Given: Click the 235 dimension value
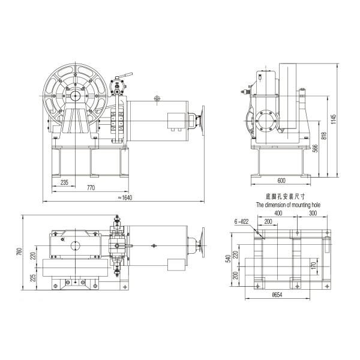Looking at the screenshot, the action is [64, 182].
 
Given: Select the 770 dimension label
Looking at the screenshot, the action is [91, 188].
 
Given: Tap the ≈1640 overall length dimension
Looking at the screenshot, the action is [125, 197].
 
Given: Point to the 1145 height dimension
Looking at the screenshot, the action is [334, 119].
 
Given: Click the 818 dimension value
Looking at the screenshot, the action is [324, 136].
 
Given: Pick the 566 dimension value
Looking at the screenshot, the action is [316, 148].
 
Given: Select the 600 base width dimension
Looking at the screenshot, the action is [281, 181].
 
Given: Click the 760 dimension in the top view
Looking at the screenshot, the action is [20, 251].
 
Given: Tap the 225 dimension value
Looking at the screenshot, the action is [33, 278].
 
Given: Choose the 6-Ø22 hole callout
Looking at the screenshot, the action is [242, 221].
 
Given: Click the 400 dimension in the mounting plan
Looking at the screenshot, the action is [278, 213].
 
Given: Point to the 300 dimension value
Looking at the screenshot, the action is [313, 213].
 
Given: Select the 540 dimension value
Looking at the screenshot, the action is [228, 259].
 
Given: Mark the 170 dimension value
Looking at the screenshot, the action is [314, 266].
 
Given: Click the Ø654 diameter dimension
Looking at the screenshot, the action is [277, 295].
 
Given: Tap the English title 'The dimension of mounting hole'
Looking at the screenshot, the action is [288, 205].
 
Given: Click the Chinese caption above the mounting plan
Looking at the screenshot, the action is [286, 197].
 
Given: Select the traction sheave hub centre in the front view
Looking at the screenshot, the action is [75, 96].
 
